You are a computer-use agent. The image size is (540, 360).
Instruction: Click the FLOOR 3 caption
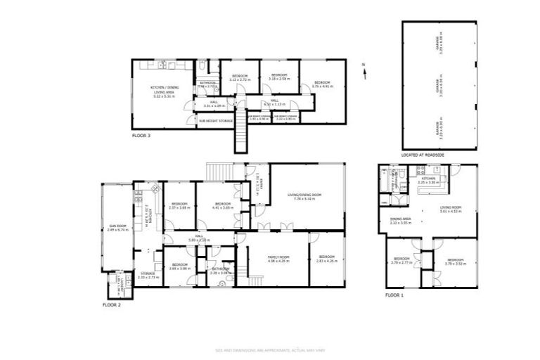141,135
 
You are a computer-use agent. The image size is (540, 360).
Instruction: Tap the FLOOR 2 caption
112,304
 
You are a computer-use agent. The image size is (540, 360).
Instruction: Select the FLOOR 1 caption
394,295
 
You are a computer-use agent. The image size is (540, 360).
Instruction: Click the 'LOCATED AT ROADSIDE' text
423,154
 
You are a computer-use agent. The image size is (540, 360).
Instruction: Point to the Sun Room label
117,228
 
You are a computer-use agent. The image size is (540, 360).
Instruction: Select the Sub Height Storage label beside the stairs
214,121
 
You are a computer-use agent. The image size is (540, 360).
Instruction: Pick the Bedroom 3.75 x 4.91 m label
323,84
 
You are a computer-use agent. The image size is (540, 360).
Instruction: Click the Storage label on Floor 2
148,275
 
